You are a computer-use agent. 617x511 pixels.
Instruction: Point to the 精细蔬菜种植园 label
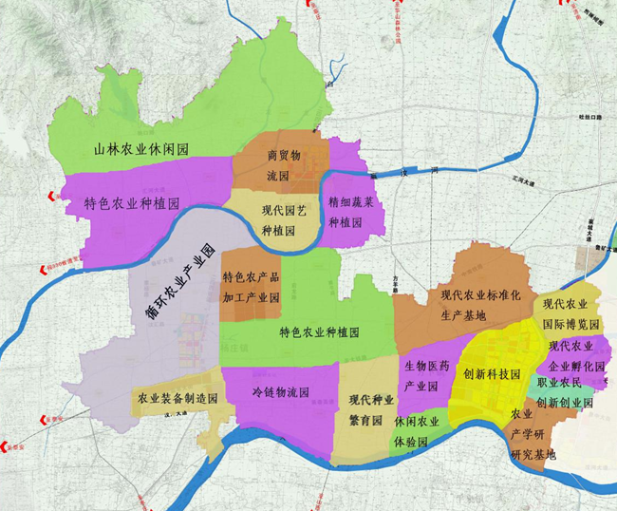click(x=351, y=214)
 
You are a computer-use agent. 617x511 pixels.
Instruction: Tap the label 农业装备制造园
click(x=178, y=399)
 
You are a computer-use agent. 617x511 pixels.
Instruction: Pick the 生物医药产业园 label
click(x=425, y=376)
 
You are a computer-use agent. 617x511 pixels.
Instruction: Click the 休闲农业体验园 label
click(x=419, y=432)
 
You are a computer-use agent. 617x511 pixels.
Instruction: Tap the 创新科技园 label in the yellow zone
click(x=491, y=374)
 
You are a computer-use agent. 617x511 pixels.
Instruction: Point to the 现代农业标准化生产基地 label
click(x=480, y=305)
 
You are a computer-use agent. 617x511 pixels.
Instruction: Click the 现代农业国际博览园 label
click(x=570, y=313)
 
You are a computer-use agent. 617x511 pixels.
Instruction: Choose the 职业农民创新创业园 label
click(x=565, y=393)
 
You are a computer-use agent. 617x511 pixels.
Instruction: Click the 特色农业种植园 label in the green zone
click(x=319, y=332)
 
